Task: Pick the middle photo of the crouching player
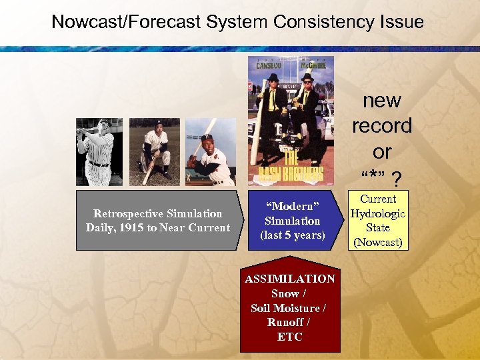(155, 152)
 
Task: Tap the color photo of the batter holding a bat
(210, 152)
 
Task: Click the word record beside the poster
(381, 126)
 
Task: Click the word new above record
(381, 101)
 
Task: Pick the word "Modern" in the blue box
(292, 206)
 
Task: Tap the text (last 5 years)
(292, 235)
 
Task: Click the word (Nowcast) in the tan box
(378, 242)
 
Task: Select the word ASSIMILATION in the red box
(290, 279)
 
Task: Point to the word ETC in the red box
(290, 337)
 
